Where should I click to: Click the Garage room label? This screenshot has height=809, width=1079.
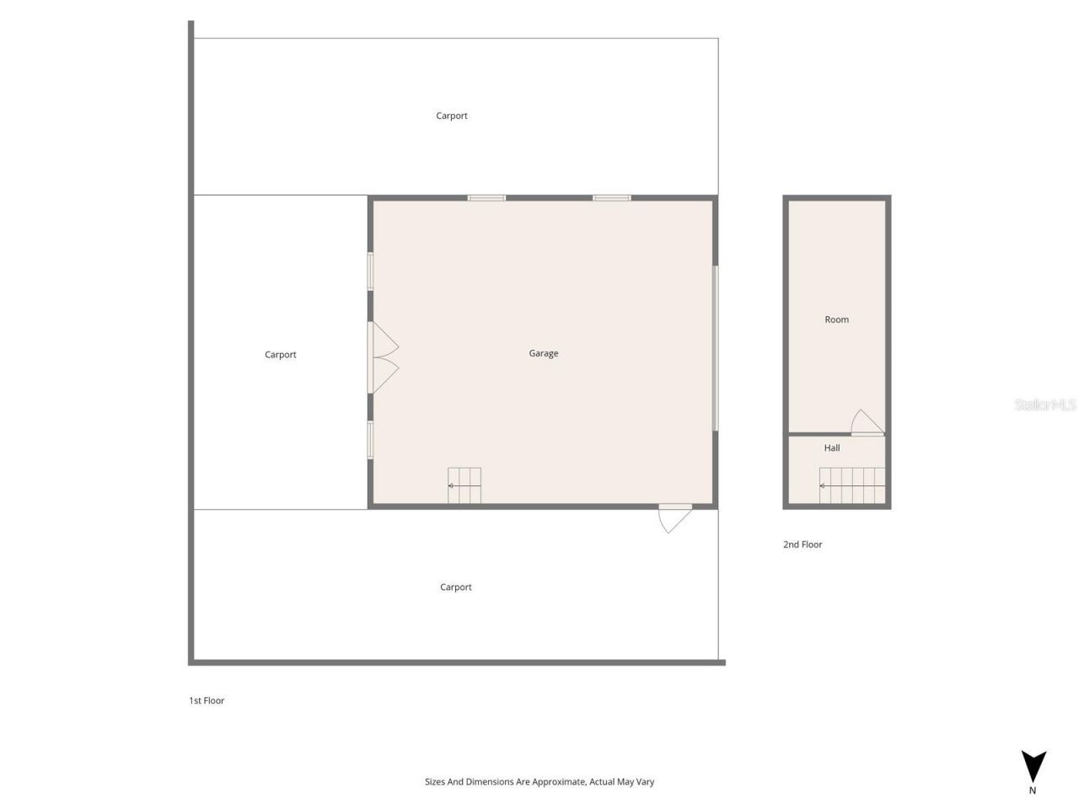[544, 353]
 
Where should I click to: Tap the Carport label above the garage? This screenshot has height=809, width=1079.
[452, 115]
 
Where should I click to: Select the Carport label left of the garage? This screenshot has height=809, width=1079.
[281, 355]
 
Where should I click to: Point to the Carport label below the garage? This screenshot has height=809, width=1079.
[456, 587]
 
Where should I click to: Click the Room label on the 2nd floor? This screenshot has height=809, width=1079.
[836, 319]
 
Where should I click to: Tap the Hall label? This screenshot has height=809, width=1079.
[832, 448]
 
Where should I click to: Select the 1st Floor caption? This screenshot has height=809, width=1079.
[207, 700]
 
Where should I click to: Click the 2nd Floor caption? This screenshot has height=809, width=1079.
[803, 544]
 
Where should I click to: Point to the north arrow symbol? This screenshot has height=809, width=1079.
[1033, 767]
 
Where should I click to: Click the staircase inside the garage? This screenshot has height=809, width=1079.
[464, 485]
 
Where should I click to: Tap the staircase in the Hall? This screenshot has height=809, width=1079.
[853, 485]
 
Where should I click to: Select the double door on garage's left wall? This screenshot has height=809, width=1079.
[383, 357]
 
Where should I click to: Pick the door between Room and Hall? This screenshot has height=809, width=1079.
[867, 423]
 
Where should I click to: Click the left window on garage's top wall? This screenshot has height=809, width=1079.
[486, 198]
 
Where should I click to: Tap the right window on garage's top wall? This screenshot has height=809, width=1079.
[612, 198]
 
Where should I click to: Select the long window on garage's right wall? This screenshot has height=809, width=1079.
[716, 348]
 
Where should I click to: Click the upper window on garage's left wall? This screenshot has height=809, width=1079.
[370, 272]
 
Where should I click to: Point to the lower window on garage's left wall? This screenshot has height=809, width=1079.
[370, 440]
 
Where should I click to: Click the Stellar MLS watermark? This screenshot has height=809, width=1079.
[1045, 405]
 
